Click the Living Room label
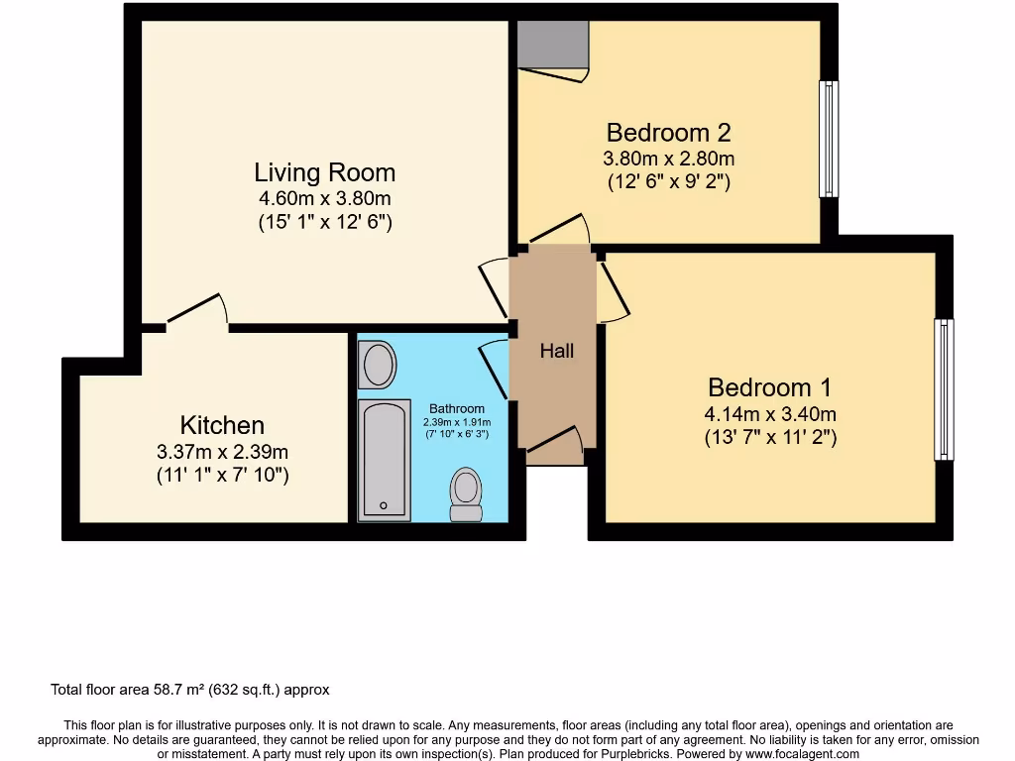[324, 172]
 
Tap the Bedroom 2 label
[668, 132]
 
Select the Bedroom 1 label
[769, 387]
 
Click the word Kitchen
[222, 425]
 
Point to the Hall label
[556, 351]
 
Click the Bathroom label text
[457, 408]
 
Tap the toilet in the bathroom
[466, 493]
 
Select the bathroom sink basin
[378, 365]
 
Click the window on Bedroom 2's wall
[829, 138]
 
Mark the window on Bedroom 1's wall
[944, 388]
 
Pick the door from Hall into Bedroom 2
[559, 229]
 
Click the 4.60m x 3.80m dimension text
[324, 198]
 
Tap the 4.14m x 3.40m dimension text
[770, 414]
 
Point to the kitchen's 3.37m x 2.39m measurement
[222, 452]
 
